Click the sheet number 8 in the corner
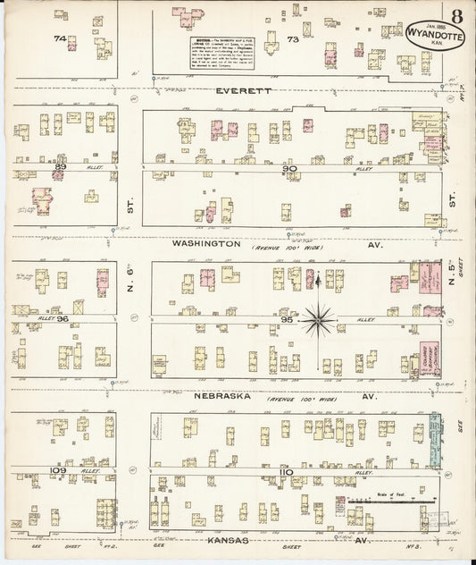[x=456, y=14]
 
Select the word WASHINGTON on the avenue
[x=206, y=243]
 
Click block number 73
[x=292, y=39]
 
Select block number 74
[x=60, y=38]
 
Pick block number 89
[x=61, y=166]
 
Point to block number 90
[x=288, y=168]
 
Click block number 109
[x=60, y=468]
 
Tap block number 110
[x=286, y=468]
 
